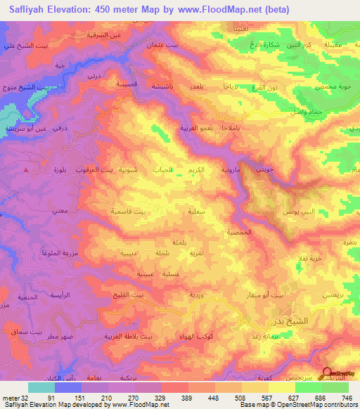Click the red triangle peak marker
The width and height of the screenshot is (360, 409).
point(27,169)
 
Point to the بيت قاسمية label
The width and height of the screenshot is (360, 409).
point(131,211)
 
